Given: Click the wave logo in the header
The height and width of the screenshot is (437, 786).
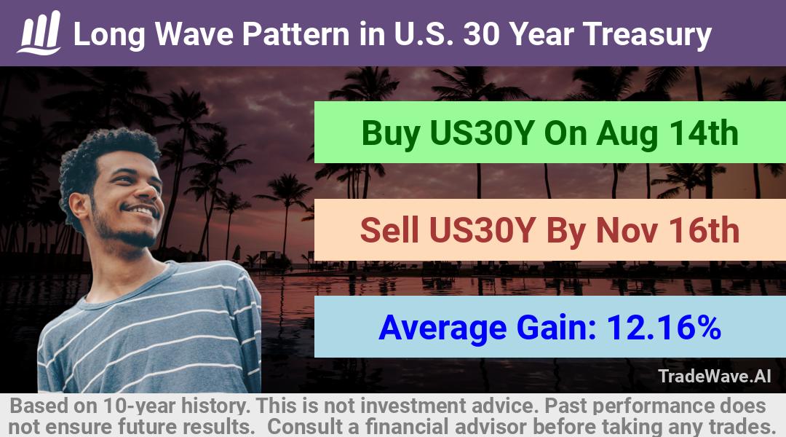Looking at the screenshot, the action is coord(39,33).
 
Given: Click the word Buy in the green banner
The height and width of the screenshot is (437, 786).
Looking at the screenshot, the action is coord(391,133).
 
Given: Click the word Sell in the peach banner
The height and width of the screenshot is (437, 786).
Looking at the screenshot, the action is coord(389,230).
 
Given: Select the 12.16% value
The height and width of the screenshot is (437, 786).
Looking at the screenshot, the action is coord(664,327).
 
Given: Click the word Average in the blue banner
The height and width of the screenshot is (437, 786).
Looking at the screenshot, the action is coord(443,328).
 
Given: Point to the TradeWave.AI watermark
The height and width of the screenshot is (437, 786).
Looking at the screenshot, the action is coord(715,376).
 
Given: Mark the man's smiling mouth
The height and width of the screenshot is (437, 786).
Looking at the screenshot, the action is coord(142,210).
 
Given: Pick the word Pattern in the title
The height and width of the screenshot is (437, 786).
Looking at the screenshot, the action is coord(296,35).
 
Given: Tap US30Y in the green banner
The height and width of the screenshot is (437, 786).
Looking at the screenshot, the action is coord(481,133).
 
